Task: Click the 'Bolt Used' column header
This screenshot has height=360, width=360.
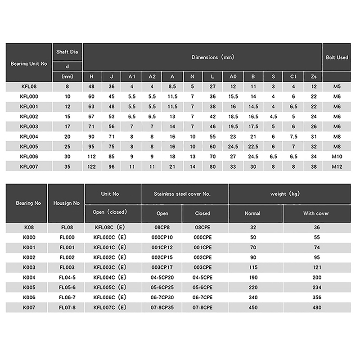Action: [x=337, y=58]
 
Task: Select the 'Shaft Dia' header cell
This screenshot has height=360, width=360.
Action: [x=67, y=52]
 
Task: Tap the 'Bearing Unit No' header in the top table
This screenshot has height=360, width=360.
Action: [x=29, y=63]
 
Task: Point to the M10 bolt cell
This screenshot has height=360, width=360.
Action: [x=337, y=156]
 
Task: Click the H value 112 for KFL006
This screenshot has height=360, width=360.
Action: [x=92, y=156]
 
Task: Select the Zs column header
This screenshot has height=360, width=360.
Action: [x=314, y=76]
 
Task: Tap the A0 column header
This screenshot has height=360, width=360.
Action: [x=233, y=76]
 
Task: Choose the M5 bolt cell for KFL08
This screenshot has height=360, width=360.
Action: [x=337, y=86]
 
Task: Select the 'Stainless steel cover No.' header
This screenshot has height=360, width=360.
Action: [x=185, y=194]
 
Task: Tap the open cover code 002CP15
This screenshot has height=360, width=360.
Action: [x=162, y=257]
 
